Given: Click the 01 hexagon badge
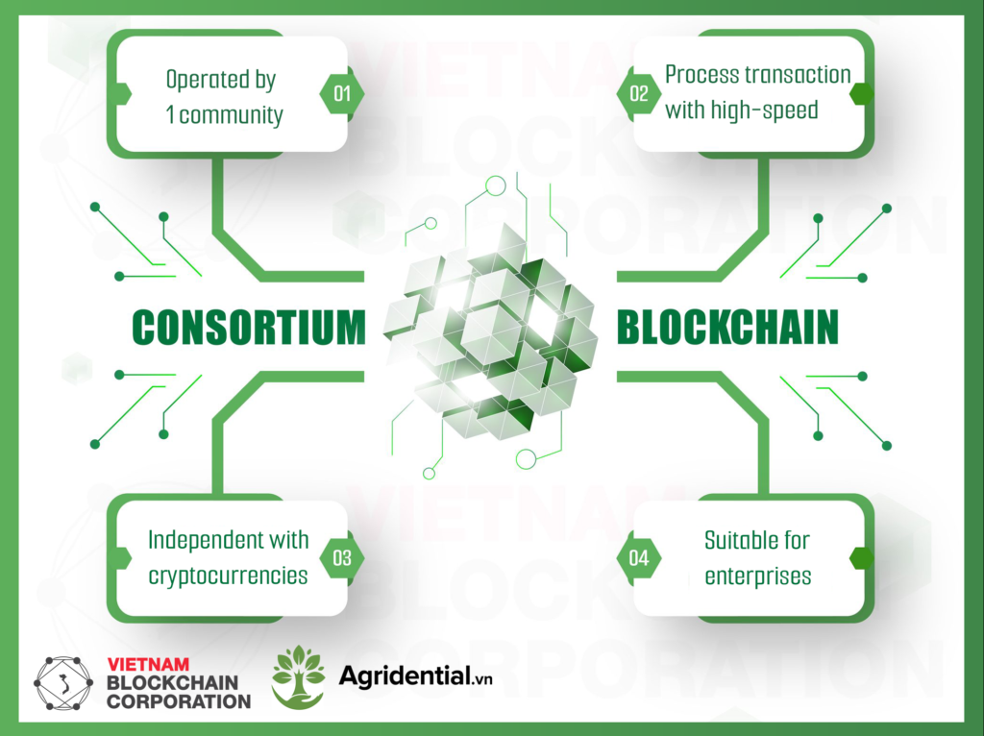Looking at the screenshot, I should (342, 93).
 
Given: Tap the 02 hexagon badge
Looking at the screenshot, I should (640, 93).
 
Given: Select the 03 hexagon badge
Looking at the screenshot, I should (342, 558).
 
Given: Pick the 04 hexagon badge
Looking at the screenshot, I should (640, 558).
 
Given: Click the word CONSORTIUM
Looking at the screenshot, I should (249, 329).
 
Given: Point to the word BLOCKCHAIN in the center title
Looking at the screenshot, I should (727, 329).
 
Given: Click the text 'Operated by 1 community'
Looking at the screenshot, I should (224, 97).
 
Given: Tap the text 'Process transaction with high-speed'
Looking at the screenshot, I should (757, 92).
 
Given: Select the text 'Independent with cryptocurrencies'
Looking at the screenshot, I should (228, 557).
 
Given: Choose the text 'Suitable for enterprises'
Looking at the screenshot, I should (757, 558).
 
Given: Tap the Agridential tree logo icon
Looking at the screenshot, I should (298, 676).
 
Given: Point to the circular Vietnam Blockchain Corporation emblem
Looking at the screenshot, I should (63, 683).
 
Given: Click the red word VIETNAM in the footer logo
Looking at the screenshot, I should (148, 664).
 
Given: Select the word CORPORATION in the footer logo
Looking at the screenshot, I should (179, 701).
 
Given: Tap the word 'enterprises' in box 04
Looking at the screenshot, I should (757, 577).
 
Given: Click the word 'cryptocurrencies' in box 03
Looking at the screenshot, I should (228, 576).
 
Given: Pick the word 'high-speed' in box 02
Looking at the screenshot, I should (769, 110).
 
